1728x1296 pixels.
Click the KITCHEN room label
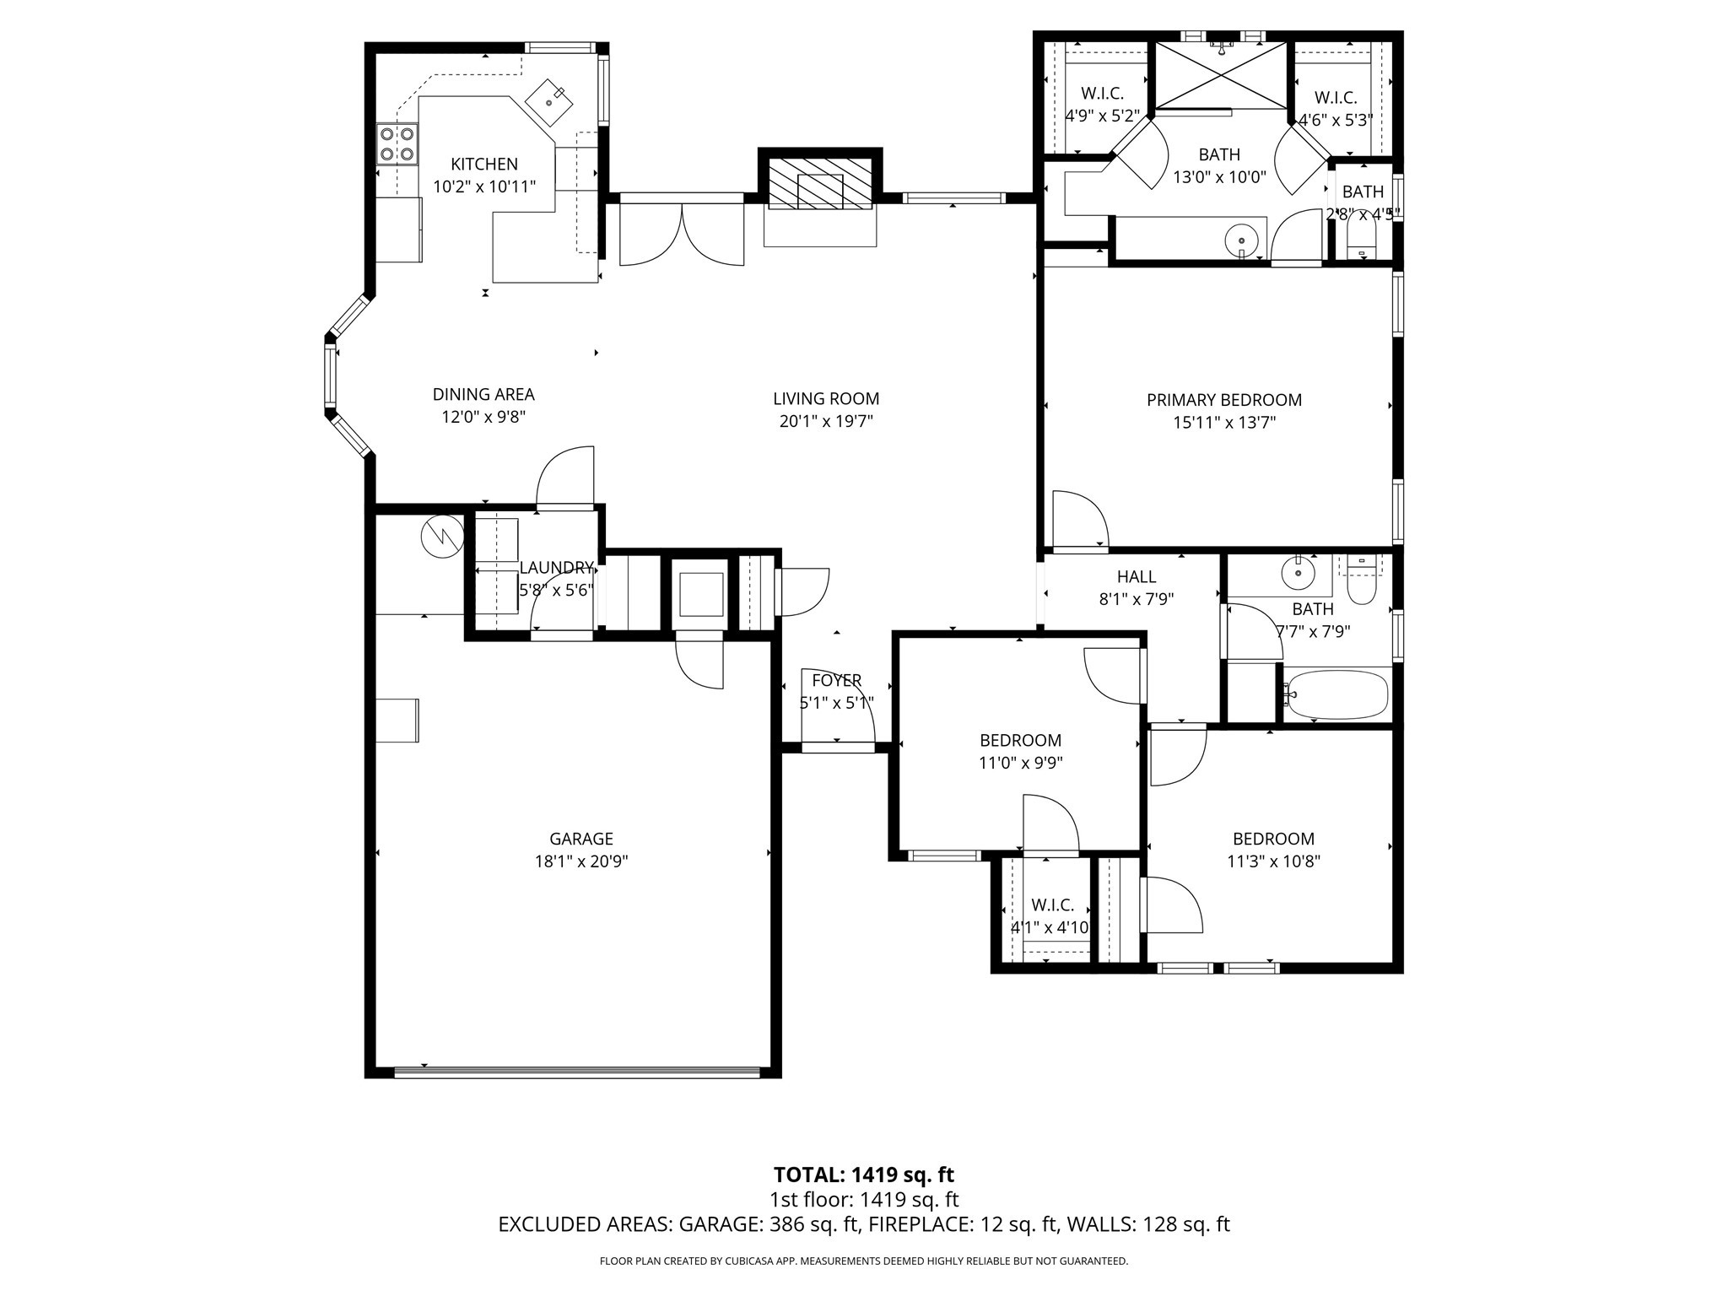[x=483, y=164]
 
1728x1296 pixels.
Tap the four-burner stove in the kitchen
[x=397, y=143]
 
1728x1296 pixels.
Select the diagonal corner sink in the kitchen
[x=549, y=101]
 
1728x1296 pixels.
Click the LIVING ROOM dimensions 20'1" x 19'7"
[x=825, y=421]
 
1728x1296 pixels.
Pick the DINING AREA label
[x=483, y=394]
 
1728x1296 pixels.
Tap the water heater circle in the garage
[x=442, y=536]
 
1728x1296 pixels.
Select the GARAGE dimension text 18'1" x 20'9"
[x=580, y=861]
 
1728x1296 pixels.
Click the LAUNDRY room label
[x=556, y=567]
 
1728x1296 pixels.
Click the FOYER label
[x=836, y=680]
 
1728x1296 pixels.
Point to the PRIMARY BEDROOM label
[x=1223, y=400]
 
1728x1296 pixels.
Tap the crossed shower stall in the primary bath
[x=1221, y=75]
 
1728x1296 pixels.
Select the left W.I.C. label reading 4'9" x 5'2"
[x=1102, y=116]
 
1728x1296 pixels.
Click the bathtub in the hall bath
[x=1336, y=694]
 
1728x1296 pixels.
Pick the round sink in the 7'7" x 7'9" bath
[x=1298, y=573]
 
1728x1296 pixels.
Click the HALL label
[x=1136, y=576]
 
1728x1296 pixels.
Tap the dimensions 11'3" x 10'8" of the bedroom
[x=1273, y=861]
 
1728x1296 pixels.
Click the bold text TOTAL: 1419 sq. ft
[x=863, y=1174]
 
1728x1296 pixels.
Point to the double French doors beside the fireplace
[x=682, y=232]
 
